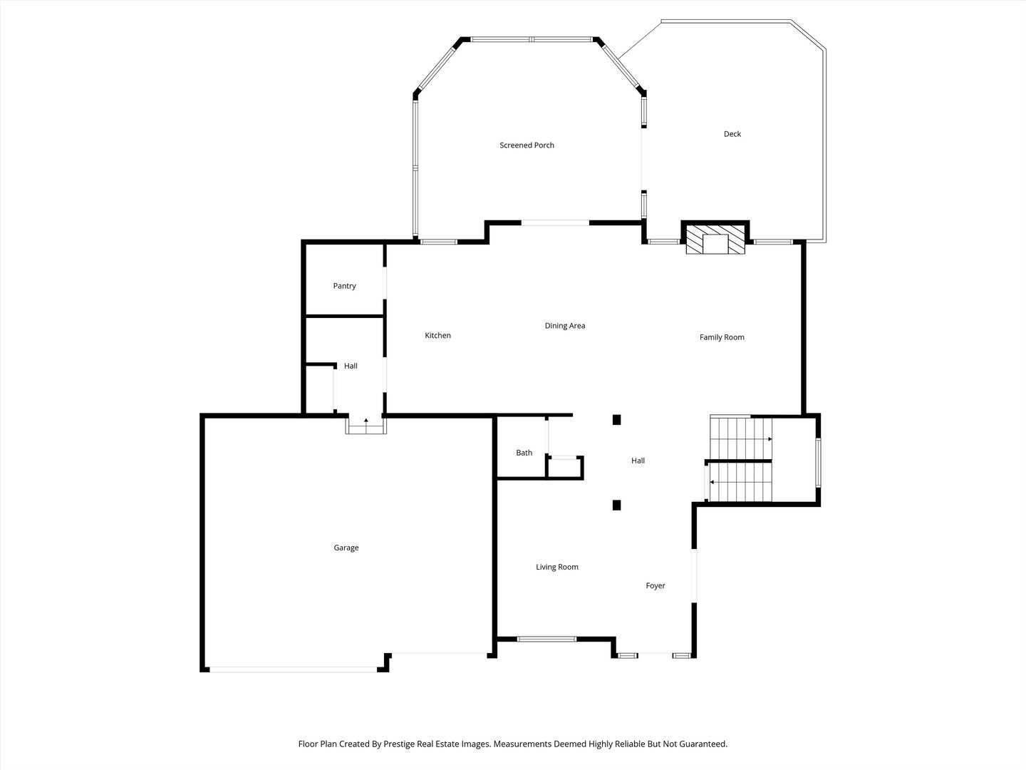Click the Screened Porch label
(x=527, y=145)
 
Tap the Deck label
(x=732, y=134)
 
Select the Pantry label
(x=344, y=286)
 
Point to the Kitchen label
(x=437, y=336)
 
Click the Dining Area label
(x=565, y=326)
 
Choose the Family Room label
(x=722, y=337)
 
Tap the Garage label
(x=346, y=548)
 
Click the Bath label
(x=524, y=453)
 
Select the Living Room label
(x=557, y=567)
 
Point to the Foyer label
(x=655, y=586)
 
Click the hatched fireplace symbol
(x=715, y=243)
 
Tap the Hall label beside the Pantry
(x=351, y=366)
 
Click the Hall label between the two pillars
(x=638, y=461)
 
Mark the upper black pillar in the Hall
(x=617, y=420)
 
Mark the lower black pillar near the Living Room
(x=617, y=505)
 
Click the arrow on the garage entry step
(x=366, y=422)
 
